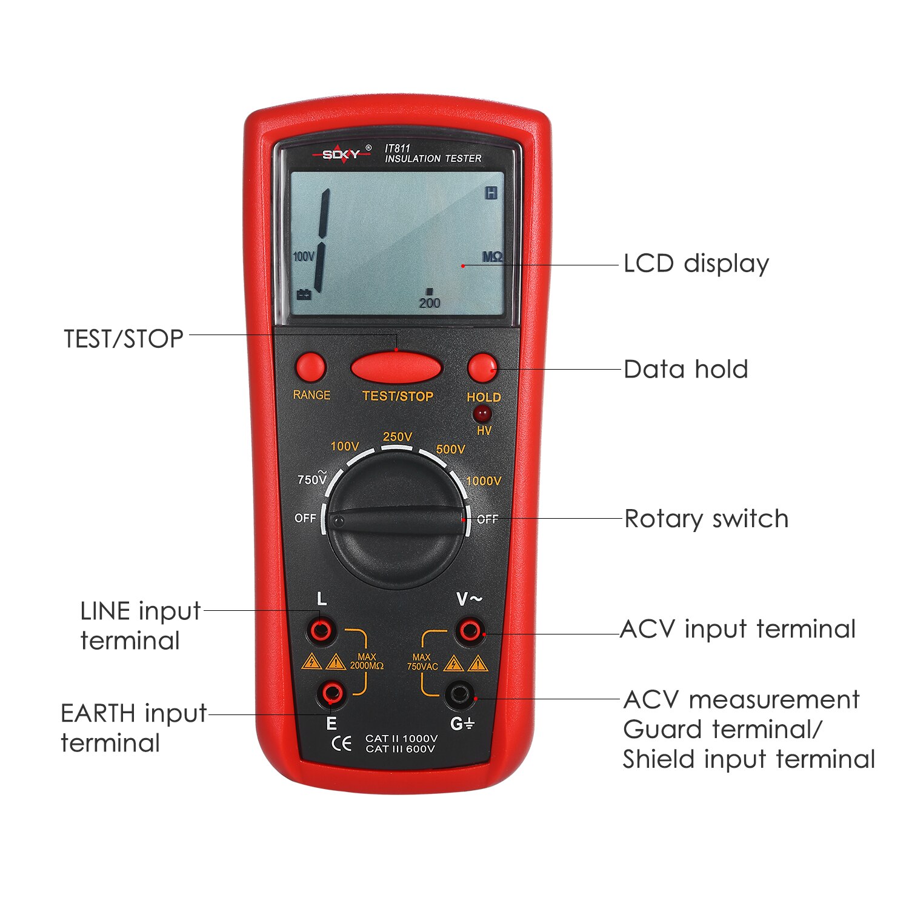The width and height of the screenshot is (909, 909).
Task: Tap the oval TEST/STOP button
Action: point(397,367)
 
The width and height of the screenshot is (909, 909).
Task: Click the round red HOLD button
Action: point(482,367)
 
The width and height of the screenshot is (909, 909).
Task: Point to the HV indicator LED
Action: point(483,414)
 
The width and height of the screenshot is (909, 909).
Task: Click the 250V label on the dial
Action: point(398,437)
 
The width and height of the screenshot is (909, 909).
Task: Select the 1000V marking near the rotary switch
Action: point(484,481)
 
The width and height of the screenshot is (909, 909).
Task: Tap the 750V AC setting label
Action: point(312,479)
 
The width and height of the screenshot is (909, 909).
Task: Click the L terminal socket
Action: point(321,630)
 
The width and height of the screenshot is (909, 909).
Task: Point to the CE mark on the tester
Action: point(342,744)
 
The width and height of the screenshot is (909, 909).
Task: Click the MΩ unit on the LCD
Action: point(493,257)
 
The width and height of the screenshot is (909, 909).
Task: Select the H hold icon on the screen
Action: point(491,193)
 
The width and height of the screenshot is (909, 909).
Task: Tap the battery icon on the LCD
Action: point(303,295)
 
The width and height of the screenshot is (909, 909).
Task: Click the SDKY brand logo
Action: point(341,154)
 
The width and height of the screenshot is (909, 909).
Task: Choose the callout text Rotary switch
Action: point(707,519)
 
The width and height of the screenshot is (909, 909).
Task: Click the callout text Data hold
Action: point(686,369)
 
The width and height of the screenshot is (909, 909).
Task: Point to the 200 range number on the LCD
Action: point(430,302)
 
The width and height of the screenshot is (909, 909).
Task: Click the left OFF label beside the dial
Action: point(305,518)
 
